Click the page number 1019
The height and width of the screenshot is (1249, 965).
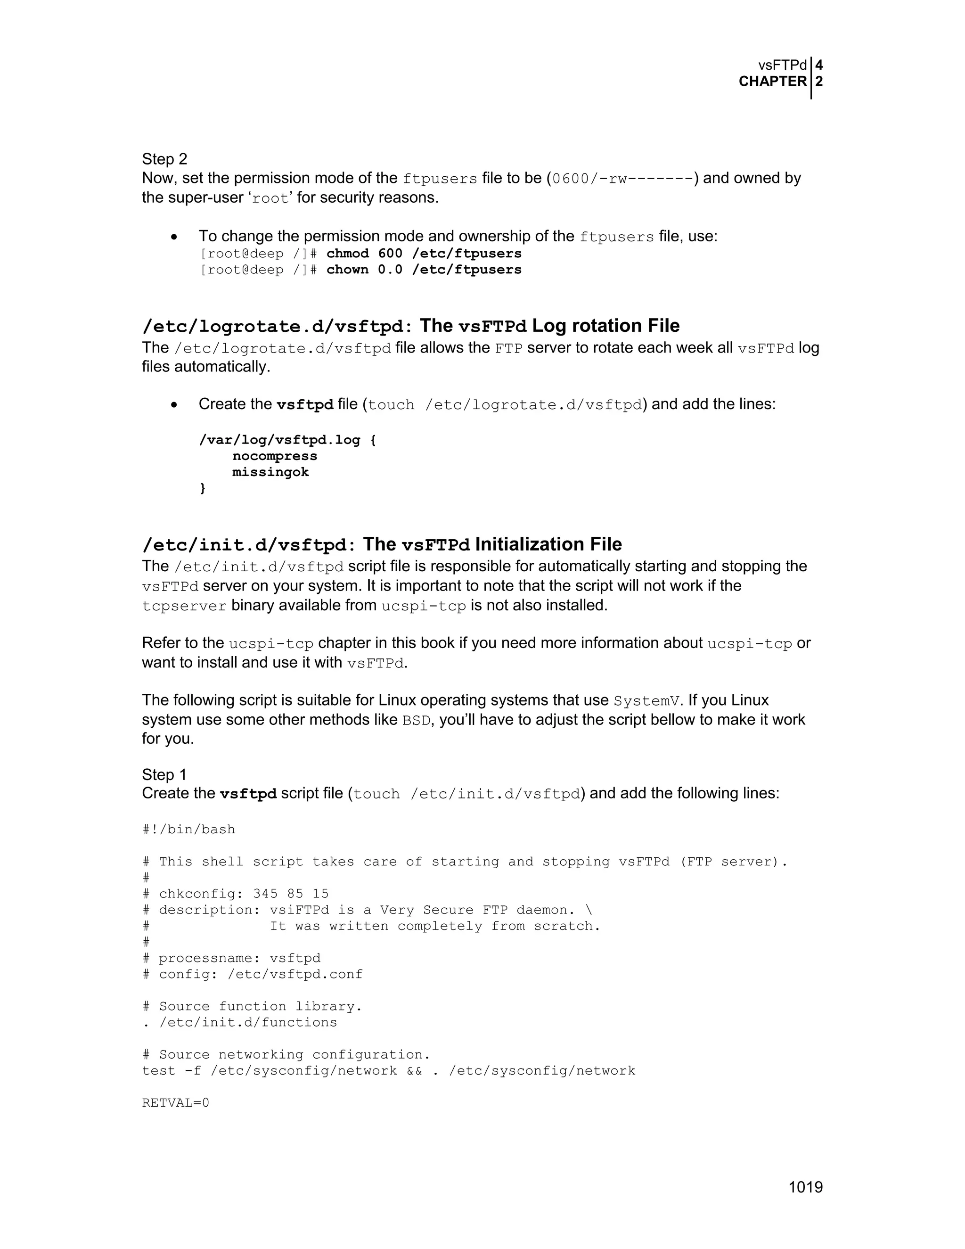coord(805,1187)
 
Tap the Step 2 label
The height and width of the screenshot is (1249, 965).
coord(164,159)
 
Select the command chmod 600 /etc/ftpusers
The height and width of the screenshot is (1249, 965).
coord(424,254)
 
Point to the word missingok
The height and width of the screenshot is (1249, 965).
coord(270,472)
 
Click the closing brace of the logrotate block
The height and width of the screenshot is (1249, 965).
coord(202,488)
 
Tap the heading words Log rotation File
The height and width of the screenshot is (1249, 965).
coord(605,326)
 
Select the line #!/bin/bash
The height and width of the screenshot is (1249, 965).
coord(188,829)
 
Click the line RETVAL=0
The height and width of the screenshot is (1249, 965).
coord(175,1102)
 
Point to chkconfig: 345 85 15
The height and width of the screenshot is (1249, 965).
coord(244,893)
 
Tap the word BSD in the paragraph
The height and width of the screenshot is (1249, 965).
coord(416,720)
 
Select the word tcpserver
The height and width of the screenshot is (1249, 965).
coord(184,606)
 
